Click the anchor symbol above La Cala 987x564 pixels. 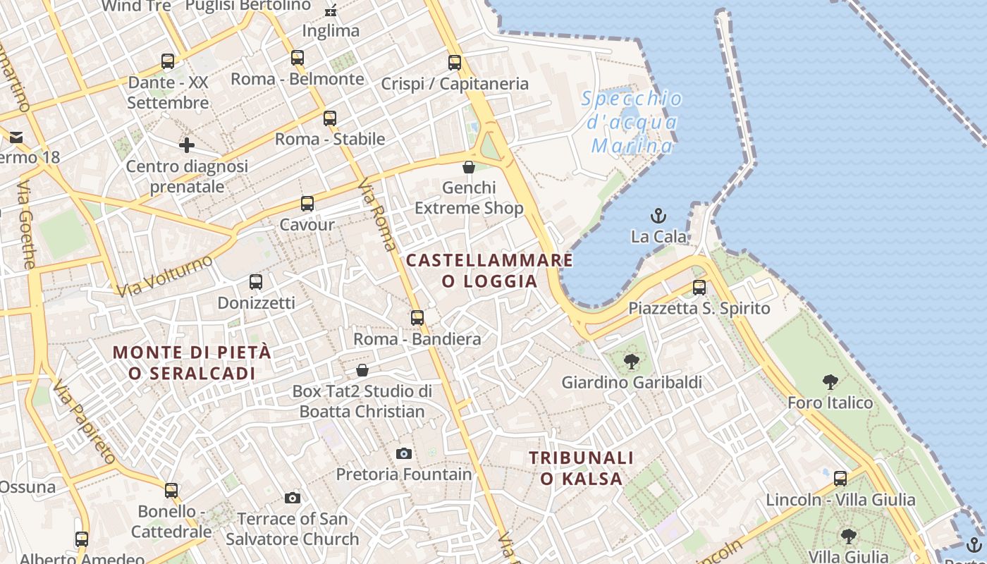coord(658,215)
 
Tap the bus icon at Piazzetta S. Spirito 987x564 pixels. coord(699,288)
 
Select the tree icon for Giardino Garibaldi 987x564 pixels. coord(632,362)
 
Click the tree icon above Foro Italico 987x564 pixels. coord(830,382)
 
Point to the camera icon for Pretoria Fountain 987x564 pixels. coord(403,453)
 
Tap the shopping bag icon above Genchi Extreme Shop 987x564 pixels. coord(469,167)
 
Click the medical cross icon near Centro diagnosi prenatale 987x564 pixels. coord(187,146)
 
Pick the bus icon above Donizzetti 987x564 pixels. coord(256,282)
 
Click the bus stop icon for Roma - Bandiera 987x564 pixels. coord(417,318)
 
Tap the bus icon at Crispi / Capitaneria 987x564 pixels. coord(455,63)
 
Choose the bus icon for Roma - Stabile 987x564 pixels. coord(330,118)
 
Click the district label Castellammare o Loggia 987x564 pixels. coord(489,271)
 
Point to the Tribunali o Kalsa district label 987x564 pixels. coord(581,468)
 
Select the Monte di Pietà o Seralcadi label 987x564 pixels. coord(192,362)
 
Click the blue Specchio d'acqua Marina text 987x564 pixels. coord(632,123)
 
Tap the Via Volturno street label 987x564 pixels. coord(164,276)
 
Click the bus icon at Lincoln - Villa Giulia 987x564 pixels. coord(840,479)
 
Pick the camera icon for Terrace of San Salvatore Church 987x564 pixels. coord(293,498)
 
